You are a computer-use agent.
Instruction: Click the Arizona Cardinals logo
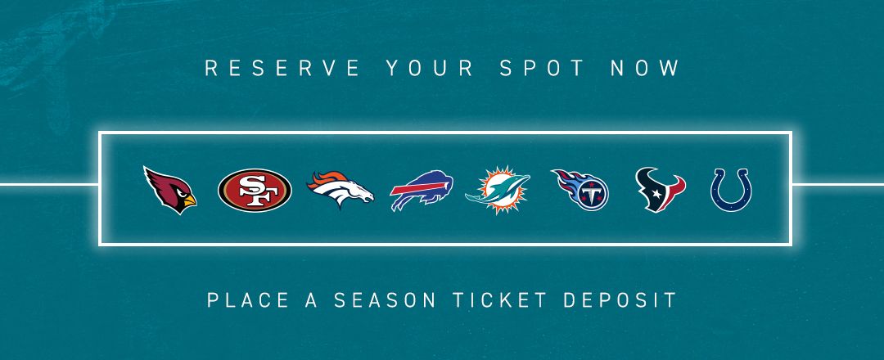(169, 191)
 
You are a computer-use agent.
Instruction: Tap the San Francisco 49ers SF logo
(255, 191)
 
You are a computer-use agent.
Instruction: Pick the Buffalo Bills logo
(422, 191)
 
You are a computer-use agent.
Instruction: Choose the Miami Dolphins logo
(498, 191)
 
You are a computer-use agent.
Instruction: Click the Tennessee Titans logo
(580, 190)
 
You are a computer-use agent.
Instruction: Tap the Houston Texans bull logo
(661, 190)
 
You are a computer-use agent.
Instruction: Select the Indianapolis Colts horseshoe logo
(731, 190)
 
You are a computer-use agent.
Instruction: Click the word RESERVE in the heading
(282, 68)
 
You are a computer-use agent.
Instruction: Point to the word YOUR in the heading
(430, 68)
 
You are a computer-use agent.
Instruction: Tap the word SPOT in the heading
(542, 68)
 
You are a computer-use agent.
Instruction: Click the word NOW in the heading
(646, 68)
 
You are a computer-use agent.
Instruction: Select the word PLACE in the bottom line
(248, 299)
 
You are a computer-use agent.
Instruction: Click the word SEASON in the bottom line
(385, 299)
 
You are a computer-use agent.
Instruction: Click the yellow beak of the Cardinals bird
(190, 200)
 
